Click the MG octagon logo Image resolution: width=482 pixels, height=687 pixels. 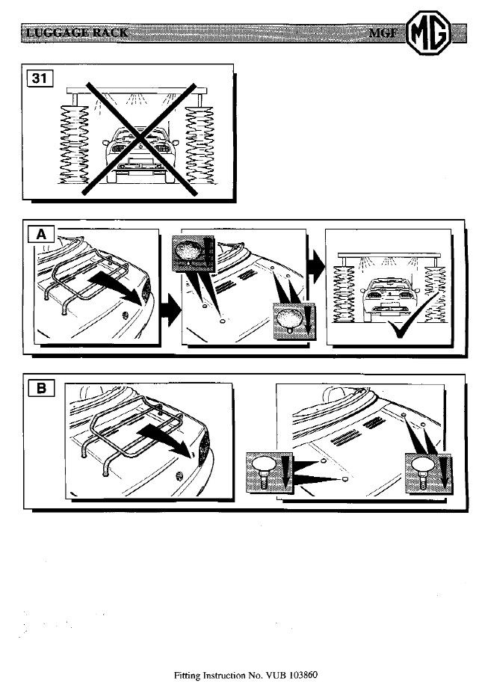(x=428, y=33)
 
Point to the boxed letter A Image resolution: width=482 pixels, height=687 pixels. (x=40, y=235)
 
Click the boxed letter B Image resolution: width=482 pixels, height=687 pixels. (x=41, y=388)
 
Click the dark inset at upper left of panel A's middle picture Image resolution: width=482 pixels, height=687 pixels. (x=194, y=253)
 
